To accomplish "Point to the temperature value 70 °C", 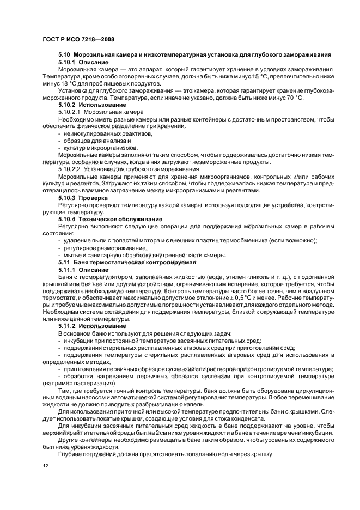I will (x=293, y=97).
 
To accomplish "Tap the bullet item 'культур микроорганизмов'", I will (x=100, y=148).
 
